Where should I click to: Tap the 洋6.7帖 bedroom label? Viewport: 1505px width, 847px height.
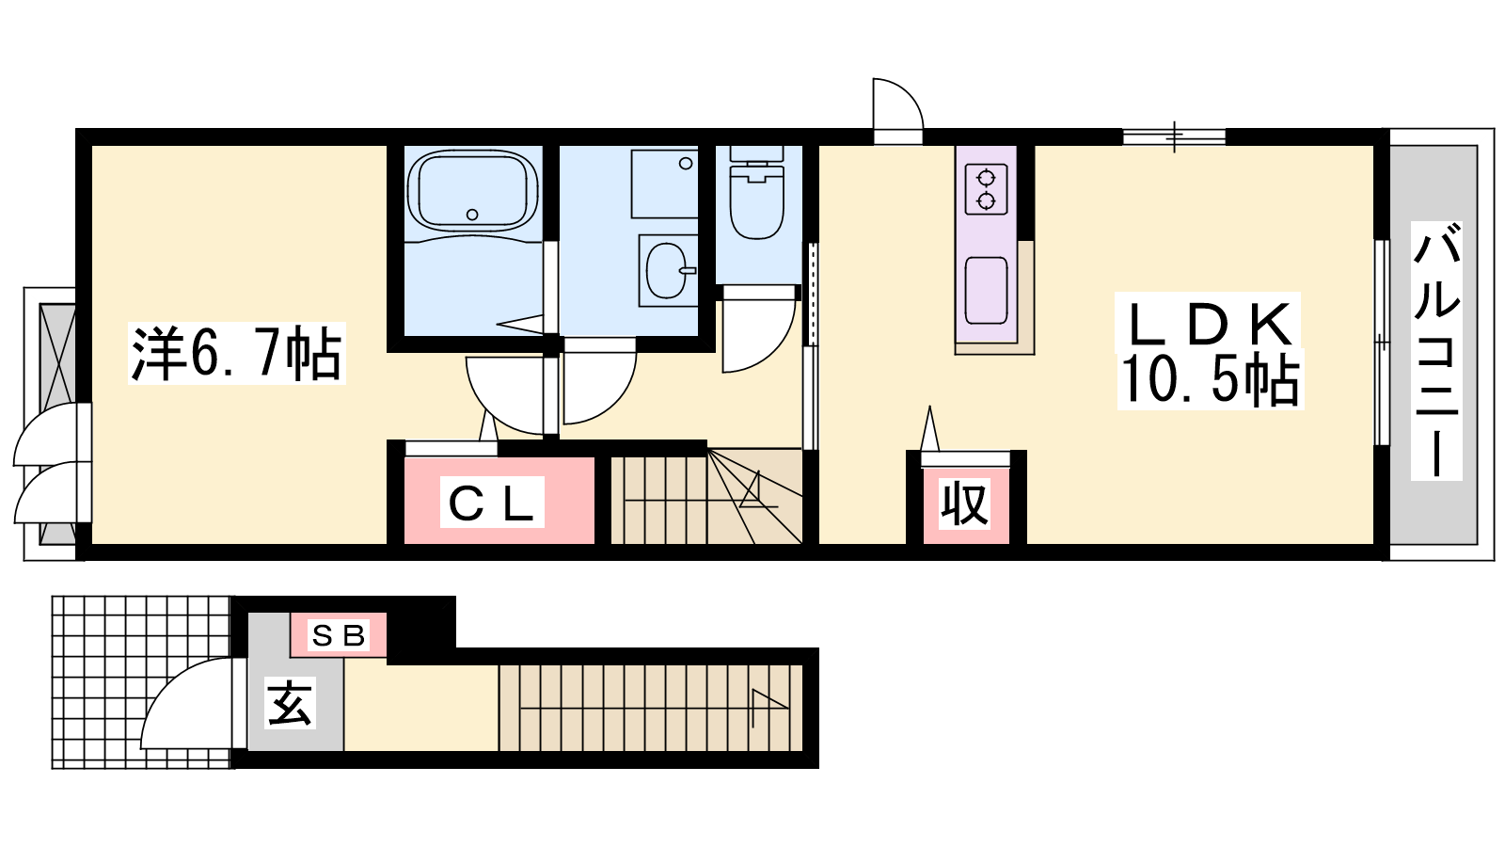tap(236, 354)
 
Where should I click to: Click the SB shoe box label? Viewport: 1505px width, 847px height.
tap(339, 634)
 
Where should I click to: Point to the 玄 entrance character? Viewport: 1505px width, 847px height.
tap(290, 704)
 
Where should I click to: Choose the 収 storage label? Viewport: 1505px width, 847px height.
tap(965, 503)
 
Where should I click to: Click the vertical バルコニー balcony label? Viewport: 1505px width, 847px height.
tap(1436, 350)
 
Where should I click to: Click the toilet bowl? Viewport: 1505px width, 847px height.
tap(757, 199)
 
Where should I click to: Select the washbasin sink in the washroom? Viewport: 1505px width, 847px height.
tap(667, 269)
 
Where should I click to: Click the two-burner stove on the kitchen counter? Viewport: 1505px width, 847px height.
tap(986, 189)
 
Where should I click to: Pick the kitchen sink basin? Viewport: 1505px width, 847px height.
tap(986, 291)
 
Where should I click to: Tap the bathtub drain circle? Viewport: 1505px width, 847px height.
tap(472, 215)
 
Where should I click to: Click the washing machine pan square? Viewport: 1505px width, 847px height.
tap(664, 183)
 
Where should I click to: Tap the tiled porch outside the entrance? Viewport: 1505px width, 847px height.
tap(142, 682)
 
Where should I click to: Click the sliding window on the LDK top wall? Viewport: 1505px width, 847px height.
tap(1175, 137)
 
